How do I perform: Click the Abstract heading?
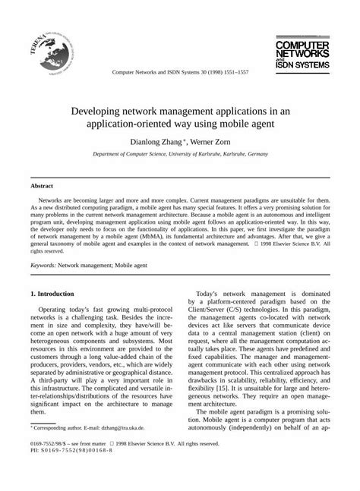(x=42, y=184)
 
